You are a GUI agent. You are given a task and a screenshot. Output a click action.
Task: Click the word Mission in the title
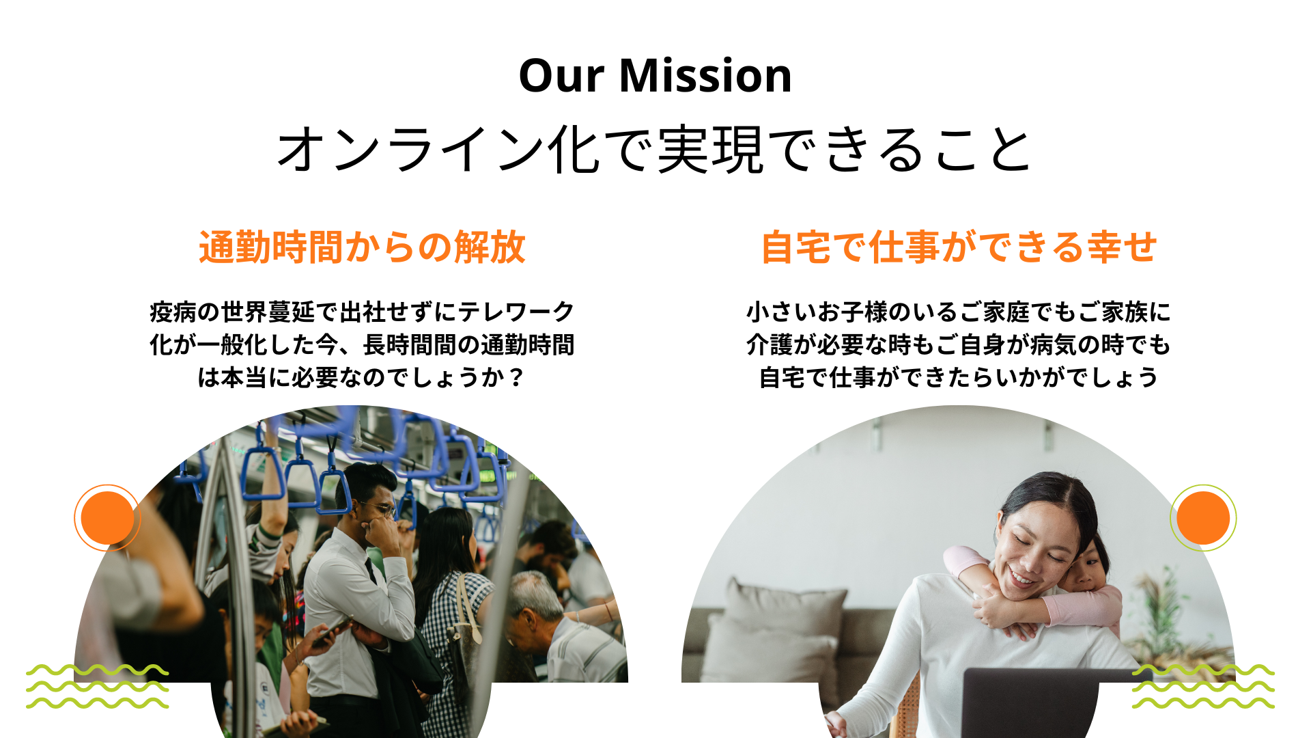click(705, 75)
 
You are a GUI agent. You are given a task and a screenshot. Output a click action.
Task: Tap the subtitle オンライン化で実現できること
click(655, 149)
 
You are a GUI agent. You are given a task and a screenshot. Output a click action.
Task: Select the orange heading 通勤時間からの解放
click(362, 247)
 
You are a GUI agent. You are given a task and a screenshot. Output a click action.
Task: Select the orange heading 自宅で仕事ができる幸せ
click(959, 247)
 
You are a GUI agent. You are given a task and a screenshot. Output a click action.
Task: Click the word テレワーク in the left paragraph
click(516, 312)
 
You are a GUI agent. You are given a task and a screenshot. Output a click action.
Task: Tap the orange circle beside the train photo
click(107, 518)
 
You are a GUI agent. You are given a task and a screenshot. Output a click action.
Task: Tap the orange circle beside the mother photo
click(1203, 518)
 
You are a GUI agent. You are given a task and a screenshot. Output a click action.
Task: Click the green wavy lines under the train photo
click(97, 686)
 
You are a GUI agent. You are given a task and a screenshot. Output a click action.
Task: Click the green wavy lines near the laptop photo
click(1203, 686)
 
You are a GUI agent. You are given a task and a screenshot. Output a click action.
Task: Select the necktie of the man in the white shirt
click(371, 570)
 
